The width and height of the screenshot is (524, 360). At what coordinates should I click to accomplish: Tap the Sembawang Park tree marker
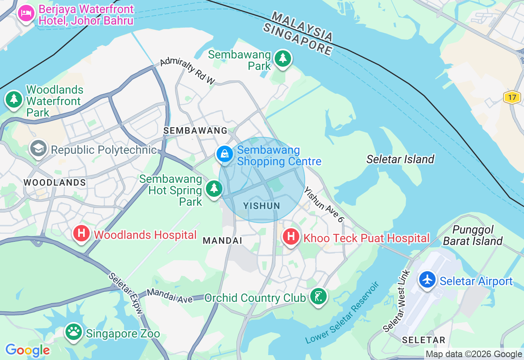click(x=282, y=58)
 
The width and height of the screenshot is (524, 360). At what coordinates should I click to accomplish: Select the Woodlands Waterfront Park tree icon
click(x=14, y=99)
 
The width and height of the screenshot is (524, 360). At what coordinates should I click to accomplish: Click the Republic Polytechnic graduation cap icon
click(x=38, y=148)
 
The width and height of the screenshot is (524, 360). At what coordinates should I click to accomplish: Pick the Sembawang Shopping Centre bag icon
click(x=225, y=154)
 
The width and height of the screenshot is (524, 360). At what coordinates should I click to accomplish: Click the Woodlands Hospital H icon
click(x=81, y=234)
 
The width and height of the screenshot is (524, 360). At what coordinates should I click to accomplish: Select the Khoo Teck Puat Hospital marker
click(x=291, y=236)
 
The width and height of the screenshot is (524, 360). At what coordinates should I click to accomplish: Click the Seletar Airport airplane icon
click(x=428, y=280)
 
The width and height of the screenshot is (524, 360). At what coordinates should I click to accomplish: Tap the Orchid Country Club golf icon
click(x=318, y=296)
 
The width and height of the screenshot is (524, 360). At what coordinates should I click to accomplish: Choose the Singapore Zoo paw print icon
click(x=74, y=332)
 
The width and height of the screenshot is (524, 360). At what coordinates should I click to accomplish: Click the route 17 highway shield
click(x=512, y=97)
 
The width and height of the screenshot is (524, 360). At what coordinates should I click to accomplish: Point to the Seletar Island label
click(x=400, y=159)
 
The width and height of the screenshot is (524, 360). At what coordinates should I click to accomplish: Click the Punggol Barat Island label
click(x=473, y=235)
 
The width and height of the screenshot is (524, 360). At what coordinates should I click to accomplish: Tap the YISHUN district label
click(x=262, y=206)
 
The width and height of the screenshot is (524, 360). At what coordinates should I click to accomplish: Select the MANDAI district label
click(x=223, y=241)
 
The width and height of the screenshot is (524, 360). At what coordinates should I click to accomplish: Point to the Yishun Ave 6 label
click(x=324, y=205)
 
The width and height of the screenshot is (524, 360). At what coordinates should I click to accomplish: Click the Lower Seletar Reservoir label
click(x=342, y=313)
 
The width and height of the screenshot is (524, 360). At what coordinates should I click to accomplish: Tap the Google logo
click(x=27, y=350)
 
